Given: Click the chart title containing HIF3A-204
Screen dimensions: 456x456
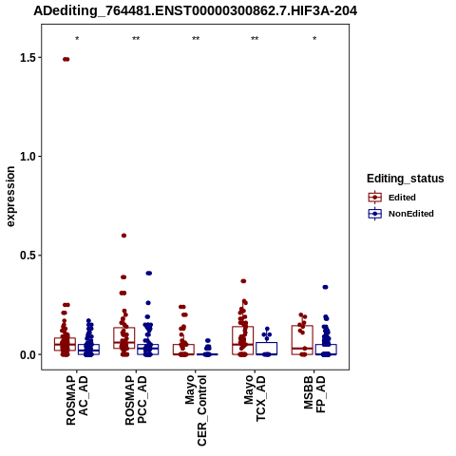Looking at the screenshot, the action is [196, 11].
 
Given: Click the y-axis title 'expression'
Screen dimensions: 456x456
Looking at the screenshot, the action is [10, 197].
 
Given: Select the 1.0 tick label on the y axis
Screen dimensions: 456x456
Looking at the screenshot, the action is [28, 157].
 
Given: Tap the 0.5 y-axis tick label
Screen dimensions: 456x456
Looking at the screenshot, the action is [28, 256].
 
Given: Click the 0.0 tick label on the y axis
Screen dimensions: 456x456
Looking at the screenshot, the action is [28, 354].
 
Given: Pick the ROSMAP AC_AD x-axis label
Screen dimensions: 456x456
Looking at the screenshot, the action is [77, 400].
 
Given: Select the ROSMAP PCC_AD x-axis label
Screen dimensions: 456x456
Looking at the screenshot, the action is [136, 400].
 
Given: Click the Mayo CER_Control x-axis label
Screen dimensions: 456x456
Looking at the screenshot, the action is [196, 410].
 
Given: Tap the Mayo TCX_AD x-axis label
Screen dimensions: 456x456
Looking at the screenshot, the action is [255, 398].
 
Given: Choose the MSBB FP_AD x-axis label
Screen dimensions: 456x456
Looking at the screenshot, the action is [314, 394].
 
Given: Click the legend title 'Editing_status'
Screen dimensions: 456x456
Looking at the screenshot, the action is [406, 179].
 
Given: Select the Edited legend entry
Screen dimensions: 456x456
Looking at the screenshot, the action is [392, 198].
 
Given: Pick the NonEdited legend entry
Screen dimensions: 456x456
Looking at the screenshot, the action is [401, 214].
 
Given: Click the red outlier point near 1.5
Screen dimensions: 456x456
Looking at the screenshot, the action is [66, 59].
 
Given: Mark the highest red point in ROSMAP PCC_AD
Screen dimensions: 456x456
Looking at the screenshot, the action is [123, 236].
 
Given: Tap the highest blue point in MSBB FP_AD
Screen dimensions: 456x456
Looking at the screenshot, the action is [325, 287].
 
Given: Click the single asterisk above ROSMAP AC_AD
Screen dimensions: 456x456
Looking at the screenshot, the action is [77, 39].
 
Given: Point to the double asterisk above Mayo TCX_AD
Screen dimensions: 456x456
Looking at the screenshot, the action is [255, 39].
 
